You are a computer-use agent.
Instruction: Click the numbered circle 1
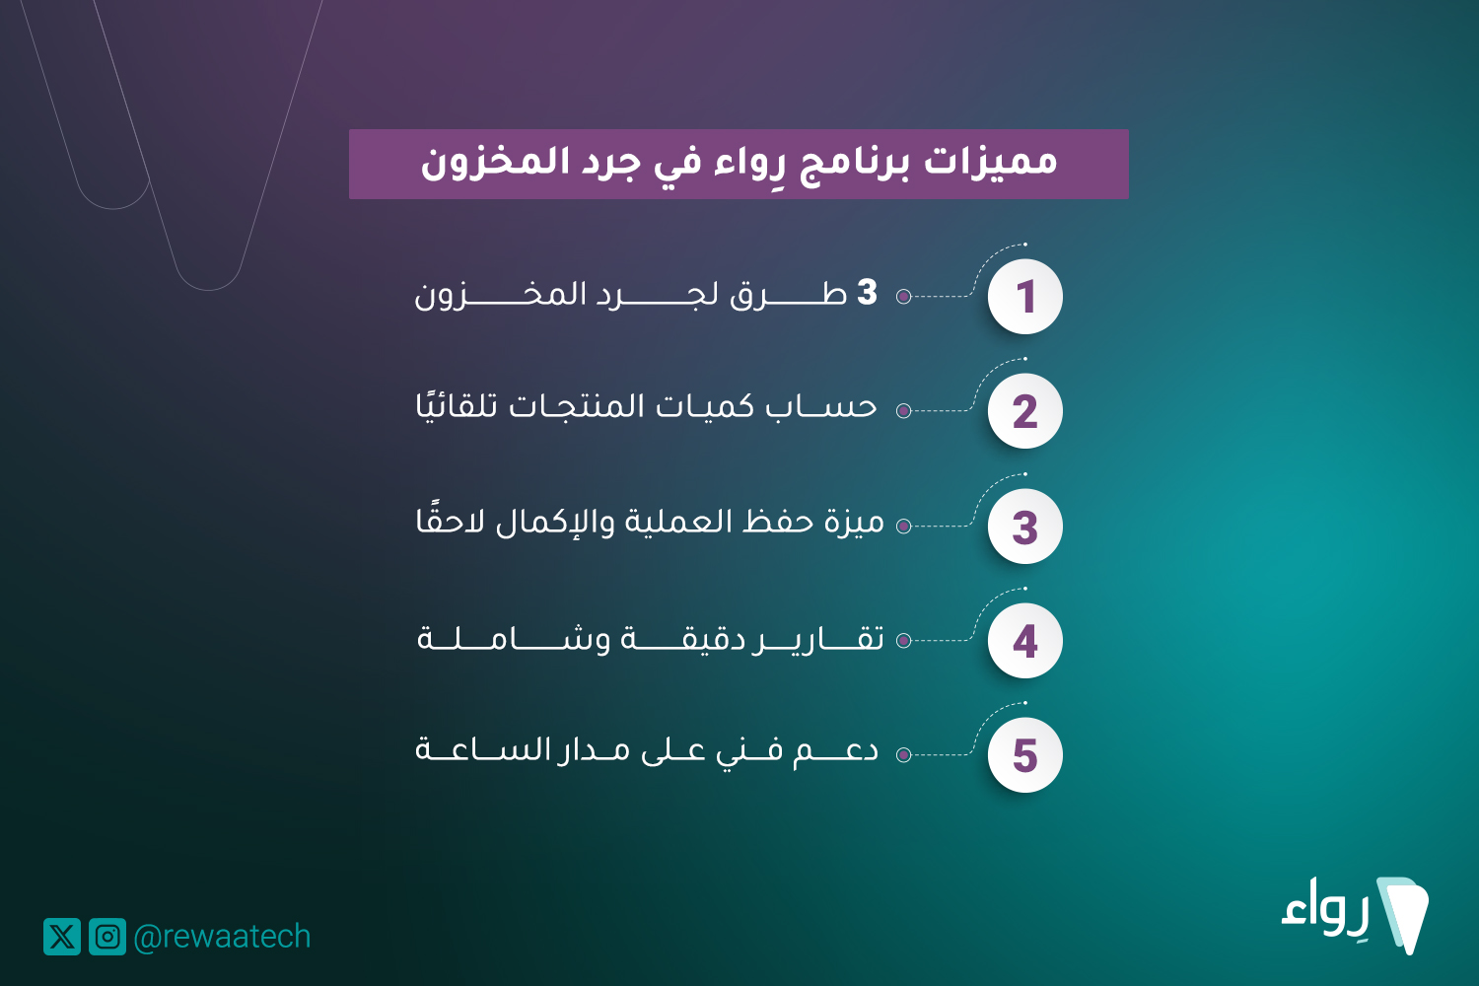(1024, 297)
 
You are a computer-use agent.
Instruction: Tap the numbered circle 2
(1024, 411)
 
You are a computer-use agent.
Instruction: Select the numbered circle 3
(1024, 527)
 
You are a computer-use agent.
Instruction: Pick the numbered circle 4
(1024, 641)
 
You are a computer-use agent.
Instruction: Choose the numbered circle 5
(1024, 755)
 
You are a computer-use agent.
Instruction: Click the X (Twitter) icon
(62, 937)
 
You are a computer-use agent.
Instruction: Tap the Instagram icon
(107, 937)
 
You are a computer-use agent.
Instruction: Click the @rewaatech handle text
(222, 937)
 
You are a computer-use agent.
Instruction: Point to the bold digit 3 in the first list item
(867, 292)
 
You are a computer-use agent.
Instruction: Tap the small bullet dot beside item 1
(904, 297)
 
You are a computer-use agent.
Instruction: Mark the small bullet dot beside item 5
(904, 755)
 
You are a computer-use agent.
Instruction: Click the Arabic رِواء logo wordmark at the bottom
(1325, 908)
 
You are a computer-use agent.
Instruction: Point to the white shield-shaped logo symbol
(1404, 915)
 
